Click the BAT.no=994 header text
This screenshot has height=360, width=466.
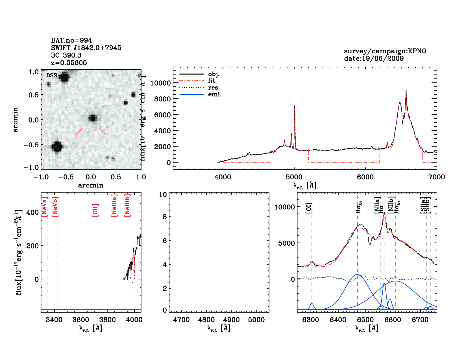(x=71, y=40)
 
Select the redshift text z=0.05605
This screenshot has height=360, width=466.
(x=69, y=63)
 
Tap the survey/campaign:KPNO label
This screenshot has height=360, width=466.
(x=385, y=51)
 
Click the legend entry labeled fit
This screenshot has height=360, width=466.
(x=212, y=81)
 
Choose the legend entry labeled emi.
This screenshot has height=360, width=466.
(x=215, y=95)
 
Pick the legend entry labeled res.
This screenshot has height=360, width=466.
(x=214, y=88)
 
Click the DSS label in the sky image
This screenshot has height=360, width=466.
(x=51, y=75)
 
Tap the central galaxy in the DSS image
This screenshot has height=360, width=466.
(x=93, y=118)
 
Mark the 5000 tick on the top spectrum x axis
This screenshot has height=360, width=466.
(x=294, y=177)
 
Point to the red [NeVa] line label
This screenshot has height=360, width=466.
(x=44, y=207)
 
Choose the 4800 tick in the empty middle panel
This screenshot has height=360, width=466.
(x=206, y=320)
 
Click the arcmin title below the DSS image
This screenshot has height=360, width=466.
(x=91, y=186)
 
